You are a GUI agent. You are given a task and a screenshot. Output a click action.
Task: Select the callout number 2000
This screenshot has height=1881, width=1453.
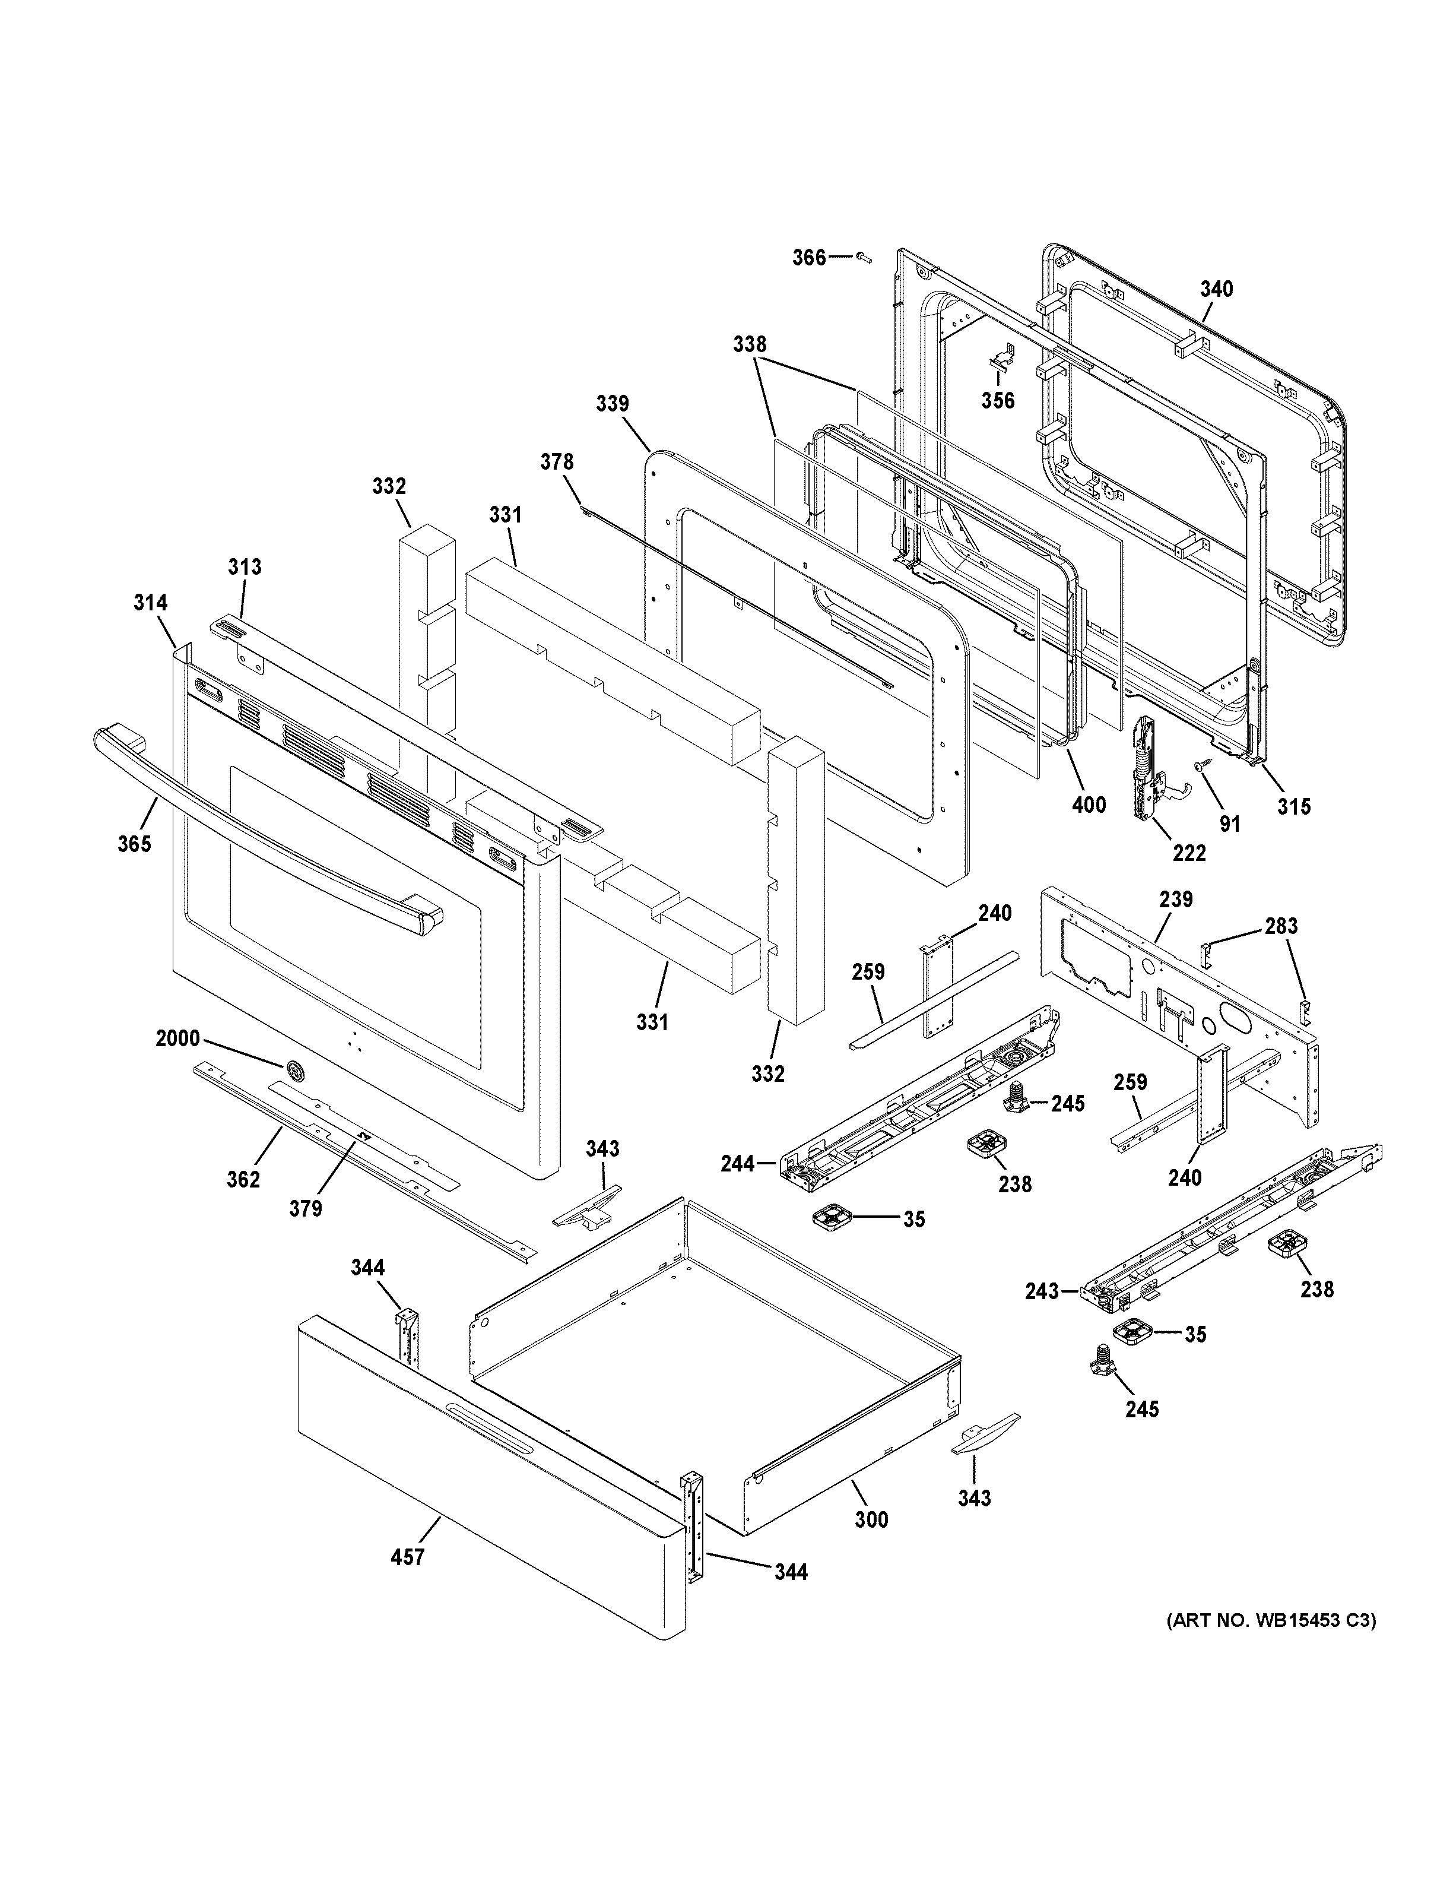point(177,1038)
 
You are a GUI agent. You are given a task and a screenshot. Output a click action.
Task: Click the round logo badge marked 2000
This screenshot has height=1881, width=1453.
point(296,1071)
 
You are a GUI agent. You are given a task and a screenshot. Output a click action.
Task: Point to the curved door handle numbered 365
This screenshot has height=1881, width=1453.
point(258,827)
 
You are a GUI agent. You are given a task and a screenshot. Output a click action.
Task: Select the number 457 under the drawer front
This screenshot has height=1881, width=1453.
point(407,1557)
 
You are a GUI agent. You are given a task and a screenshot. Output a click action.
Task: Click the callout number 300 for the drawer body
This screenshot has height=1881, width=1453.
point(871,1520)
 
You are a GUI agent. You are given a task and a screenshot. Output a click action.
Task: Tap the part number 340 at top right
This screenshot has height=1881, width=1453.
point(1216,289)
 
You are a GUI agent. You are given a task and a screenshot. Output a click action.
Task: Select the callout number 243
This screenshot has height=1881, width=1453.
point(1042,1315)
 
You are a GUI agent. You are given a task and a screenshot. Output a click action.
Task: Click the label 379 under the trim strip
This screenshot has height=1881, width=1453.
point(306,1208)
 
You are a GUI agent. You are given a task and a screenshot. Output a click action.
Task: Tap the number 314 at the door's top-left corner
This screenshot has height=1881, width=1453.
point(150,603)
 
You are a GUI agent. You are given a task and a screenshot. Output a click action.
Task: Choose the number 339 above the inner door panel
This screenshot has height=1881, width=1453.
point(612,403)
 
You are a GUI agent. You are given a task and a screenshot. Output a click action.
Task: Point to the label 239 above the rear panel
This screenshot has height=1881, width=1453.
point(1176,899)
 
